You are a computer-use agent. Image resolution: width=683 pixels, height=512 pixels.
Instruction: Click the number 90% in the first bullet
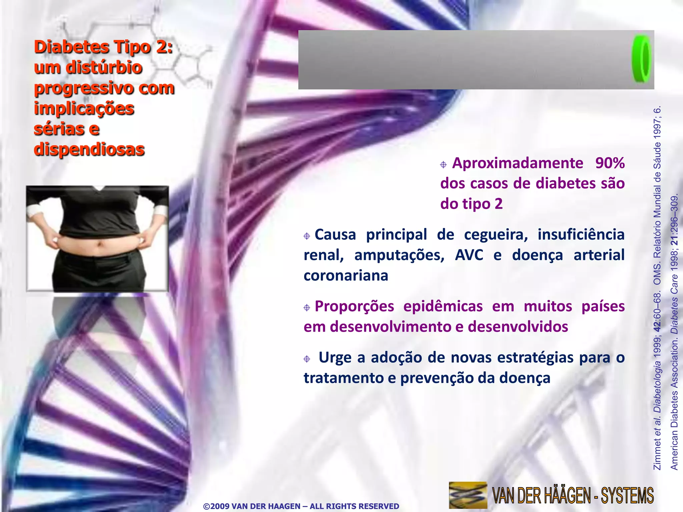coord(610,163)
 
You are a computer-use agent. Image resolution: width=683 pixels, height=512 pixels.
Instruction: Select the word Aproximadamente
coord(518,163)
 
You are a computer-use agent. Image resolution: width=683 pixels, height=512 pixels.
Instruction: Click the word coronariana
coord(346,276)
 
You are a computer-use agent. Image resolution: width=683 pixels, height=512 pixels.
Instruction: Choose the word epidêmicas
coord(443,306)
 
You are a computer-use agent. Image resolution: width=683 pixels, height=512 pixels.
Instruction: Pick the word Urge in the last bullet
coord(335,358)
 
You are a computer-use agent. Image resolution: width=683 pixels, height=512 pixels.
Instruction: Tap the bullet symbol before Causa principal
coord(307,236)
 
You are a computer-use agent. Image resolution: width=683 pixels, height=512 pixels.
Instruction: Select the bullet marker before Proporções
coord(307,308)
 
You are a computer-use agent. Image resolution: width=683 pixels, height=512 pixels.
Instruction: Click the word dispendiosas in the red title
coord(89,149)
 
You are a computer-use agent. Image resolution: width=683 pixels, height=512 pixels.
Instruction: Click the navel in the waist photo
coord(99,244)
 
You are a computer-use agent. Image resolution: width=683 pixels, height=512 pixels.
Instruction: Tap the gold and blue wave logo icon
coord(468,495)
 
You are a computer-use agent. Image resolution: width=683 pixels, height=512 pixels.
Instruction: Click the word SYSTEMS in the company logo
coord(627,496)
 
